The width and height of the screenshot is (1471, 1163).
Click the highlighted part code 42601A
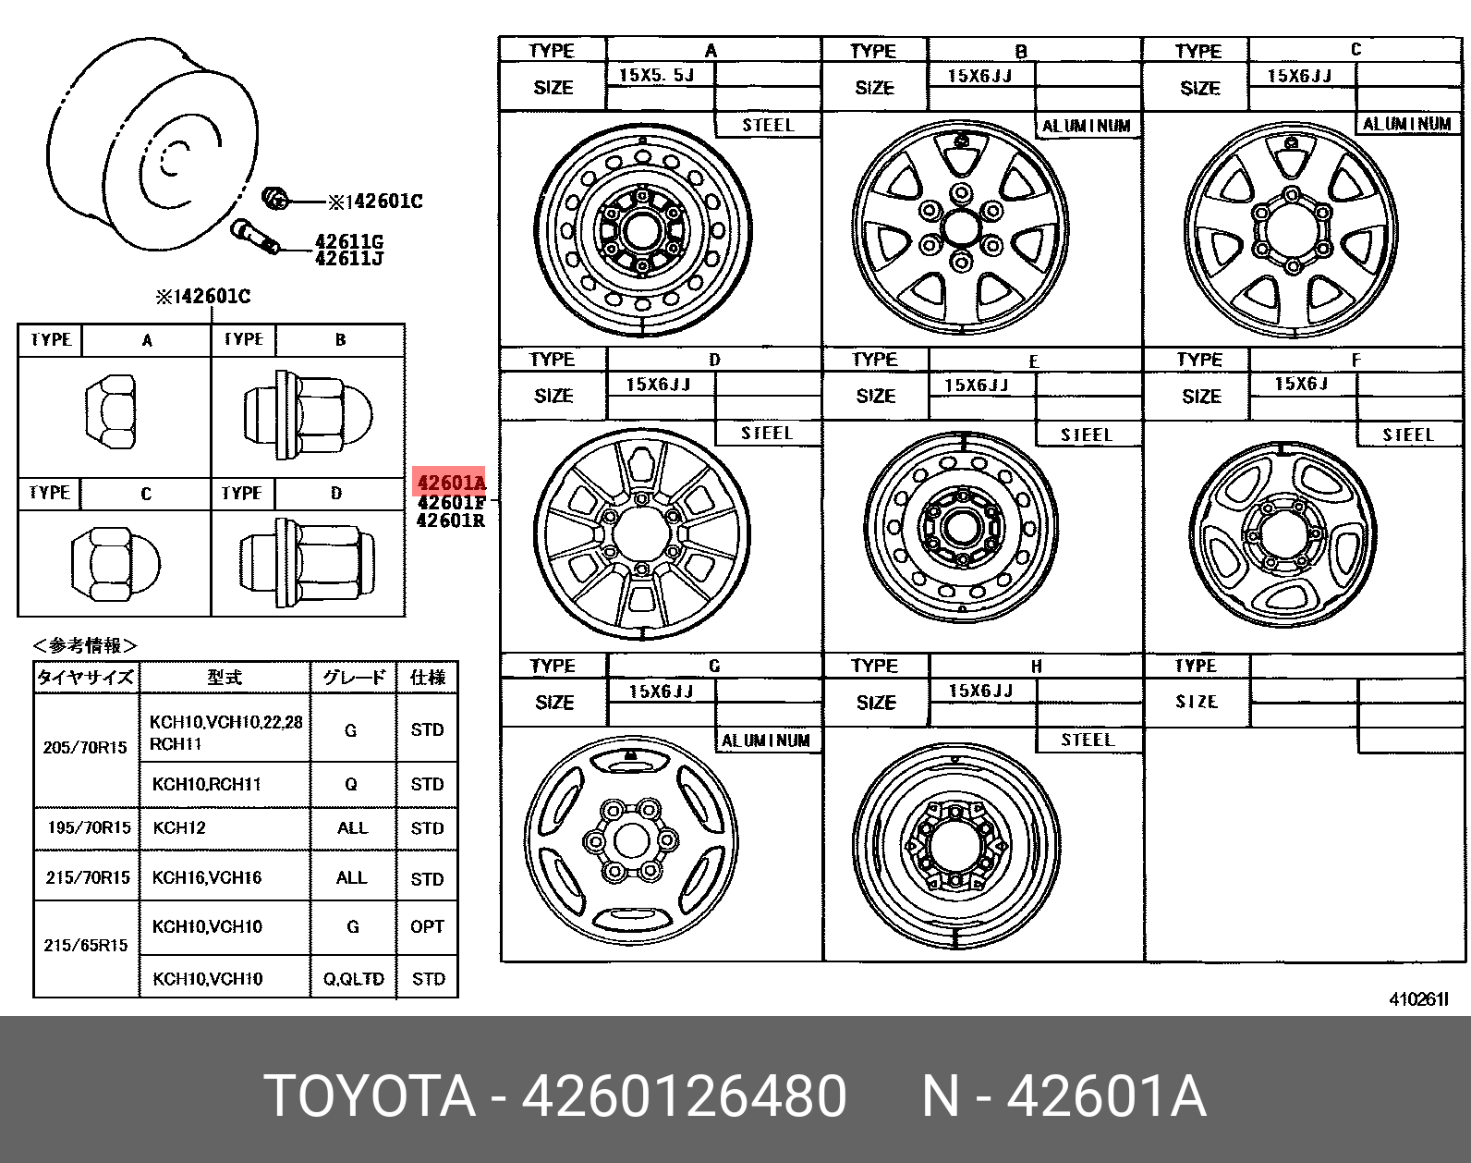[x=451, y=483]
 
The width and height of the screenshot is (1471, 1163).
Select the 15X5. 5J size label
[x=656, y=75]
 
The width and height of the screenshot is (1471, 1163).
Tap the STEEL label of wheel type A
[x=769, y=125]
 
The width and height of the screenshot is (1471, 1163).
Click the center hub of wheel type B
[x=961, y=227]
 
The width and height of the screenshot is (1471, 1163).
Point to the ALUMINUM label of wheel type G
[x=766, y=741]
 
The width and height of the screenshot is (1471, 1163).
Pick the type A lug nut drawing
[x=111, y=411]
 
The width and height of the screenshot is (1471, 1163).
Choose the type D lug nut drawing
[x=307, y=562]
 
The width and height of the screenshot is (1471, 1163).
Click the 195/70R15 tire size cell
[x=89, y=827]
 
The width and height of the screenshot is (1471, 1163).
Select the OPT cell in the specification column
[x=427, y=926]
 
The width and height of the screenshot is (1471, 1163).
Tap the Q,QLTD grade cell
[x=353, y=979]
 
